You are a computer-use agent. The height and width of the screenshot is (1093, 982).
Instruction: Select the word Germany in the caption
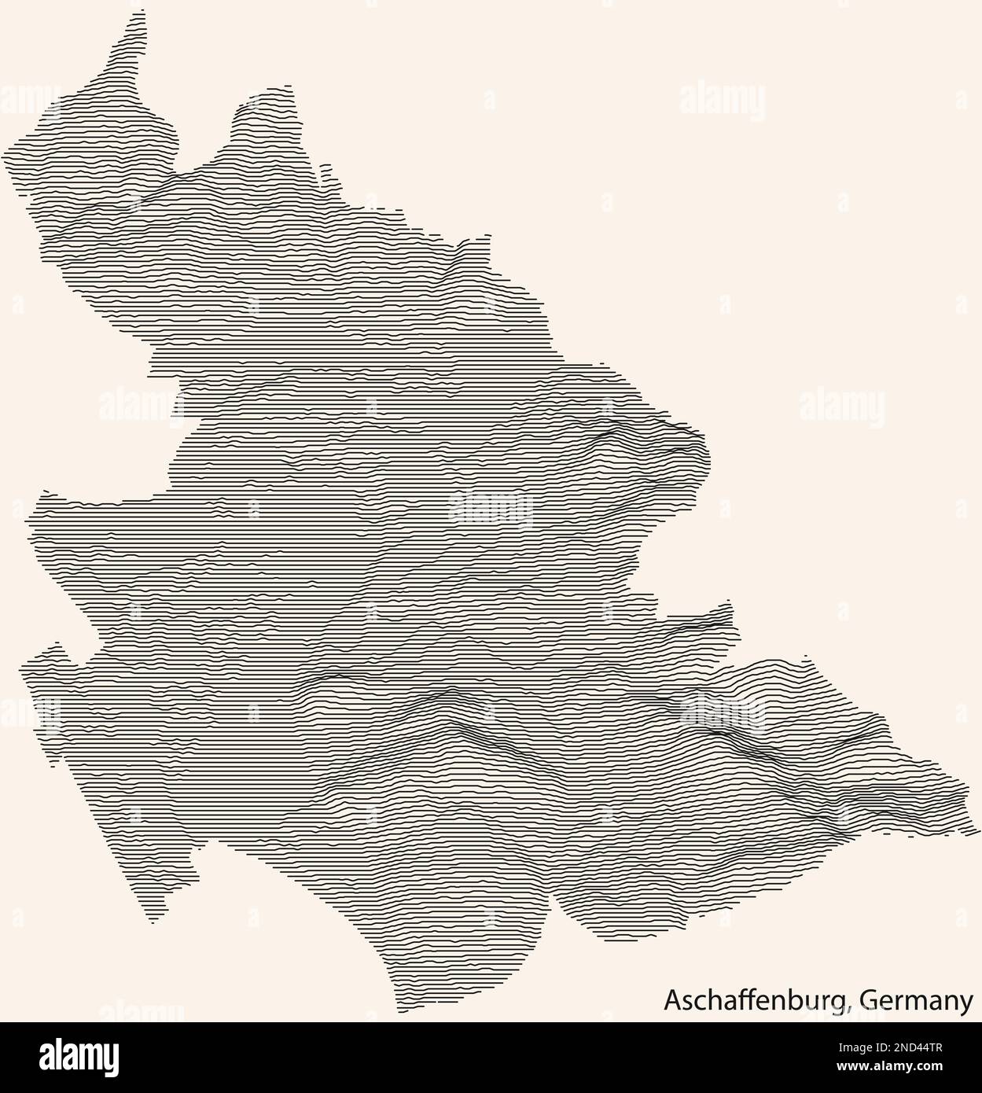(916, 1000)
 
